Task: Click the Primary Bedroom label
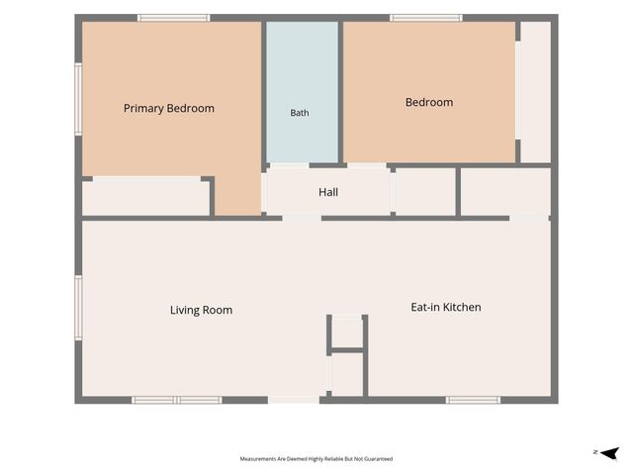169,108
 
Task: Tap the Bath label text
300,113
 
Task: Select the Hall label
328,192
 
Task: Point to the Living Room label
201,310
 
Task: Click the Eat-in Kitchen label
446,307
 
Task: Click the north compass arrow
609,453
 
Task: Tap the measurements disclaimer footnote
316,459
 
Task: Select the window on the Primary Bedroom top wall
174,18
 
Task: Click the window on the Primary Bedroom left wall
78,99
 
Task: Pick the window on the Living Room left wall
78,308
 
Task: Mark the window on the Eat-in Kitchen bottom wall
473,400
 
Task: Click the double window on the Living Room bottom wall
177,400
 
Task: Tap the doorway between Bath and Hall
290,165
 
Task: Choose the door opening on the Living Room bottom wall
294,400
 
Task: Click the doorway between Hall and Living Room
302,219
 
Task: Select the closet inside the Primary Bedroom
145,197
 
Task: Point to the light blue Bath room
302,92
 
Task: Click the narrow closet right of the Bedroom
535,92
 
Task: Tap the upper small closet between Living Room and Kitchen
347,332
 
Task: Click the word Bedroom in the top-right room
429,102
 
